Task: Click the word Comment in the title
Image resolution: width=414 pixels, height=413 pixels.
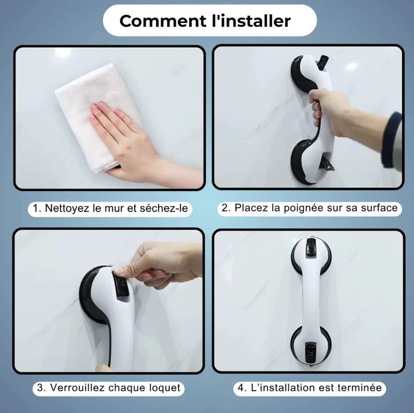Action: coord(163,21)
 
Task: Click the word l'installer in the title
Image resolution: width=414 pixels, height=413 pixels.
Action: coord(252,21)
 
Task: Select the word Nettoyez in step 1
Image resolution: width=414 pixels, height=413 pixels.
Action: coord(67,208)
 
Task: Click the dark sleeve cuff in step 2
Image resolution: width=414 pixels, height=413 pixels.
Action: coord(391,140)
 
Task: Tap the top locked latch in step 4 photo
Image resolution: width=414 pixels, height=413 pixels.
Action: coord(311,248)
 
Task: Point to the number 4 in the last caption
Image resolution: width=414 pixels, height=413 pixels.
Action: coord(240,388)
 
